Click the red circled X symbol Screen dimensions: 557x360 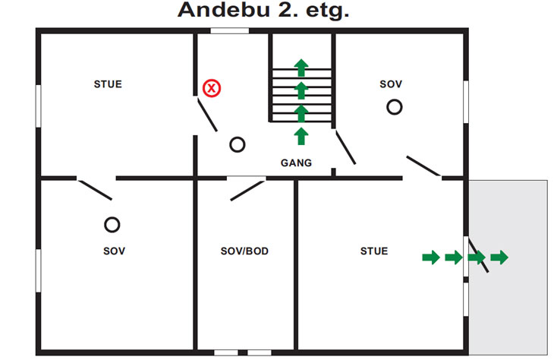(212, 88)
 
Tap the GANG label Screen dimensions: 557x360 (296, 163)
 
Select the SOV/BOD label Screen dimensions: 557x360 (244, 251)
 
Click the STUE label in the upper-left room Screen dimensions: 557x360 (108, 84)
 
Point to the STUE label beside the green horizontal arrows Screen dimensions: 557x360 (374, 251)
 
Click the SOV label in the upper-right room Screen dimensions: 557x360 (391, 84)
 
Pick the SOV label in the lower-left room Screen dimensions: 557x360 (114, 251)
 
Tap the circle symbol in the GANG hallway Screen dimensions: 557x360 (238, 144)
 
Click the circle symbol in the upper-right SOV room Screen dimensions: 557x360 (395, 107)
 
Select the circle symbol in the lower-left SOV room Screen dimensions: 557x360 (112, 225)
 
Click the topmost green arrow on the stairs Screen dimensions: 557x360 (301, 68)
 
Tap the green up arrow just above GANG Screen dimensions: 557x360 (301, 136)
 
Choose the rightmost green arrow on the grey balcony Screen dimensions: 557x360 (499, 257)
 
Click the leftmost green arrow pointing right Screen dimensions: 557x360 (431, 257)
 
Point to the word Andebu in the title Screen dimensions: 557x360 (224, 10)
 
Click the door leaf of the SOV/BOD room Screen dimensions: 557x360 (247, 191)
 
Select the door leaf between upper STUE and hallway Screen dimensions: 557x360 (207, 115)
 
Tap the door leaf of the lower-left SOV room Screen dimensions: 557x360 (95, 190)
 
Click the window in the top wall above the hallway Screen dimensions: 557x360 (229, 31)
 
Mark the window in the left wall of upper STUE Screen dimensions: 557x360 (38, 106)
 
